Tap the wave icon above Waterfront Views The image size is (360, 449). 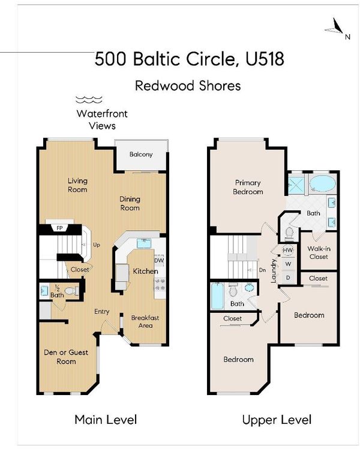tap(89, 100)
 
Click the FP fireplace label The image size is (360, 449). tap(59, 228)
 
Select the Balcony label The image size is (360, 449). tap(141, 154)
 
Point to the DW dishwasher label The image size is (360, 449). tap(159, 261)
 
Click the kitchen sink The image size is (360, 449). tap(144, 243)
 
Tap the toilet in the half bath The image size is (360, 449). tap(71, 291)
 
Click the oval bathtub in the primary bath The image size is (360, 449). tap(322, 183)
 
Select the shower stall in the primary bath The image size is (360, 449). tap(297, 185)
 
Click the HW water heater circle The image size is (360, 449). tap(288, 250)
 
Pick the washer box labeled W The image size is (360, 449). tap(288, 264)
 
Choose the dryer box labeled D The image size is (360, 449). tap(288, 278)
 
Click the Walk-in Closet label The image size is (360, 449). tap(319, 252)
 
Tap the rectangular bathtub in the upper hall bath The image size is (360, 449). tap(217, 296)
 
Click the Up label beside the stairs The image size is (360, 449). tap(97, 245)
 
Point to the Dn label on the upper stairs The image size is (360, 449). tap(262, 270)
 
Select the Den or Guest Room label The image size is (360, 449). tap(66, 357)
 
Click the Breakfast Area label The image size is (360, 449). tap(145, 321)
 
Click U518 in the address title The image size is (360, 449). tap(265, 59)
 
